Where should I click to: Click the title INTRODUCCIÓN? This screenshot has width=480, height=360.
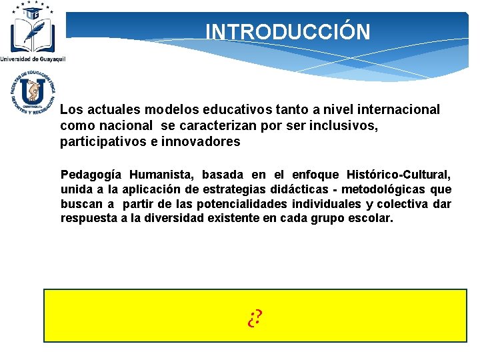click(x=287, y=32)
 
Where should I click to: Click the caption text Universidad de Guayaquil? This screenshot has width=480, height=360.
click(x=33, y=59)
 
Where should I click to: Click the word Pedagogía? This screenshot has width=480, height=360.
click(x=91, y=175)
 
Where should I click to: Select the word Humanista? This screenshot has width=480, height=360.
click(x=162, y=175)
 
